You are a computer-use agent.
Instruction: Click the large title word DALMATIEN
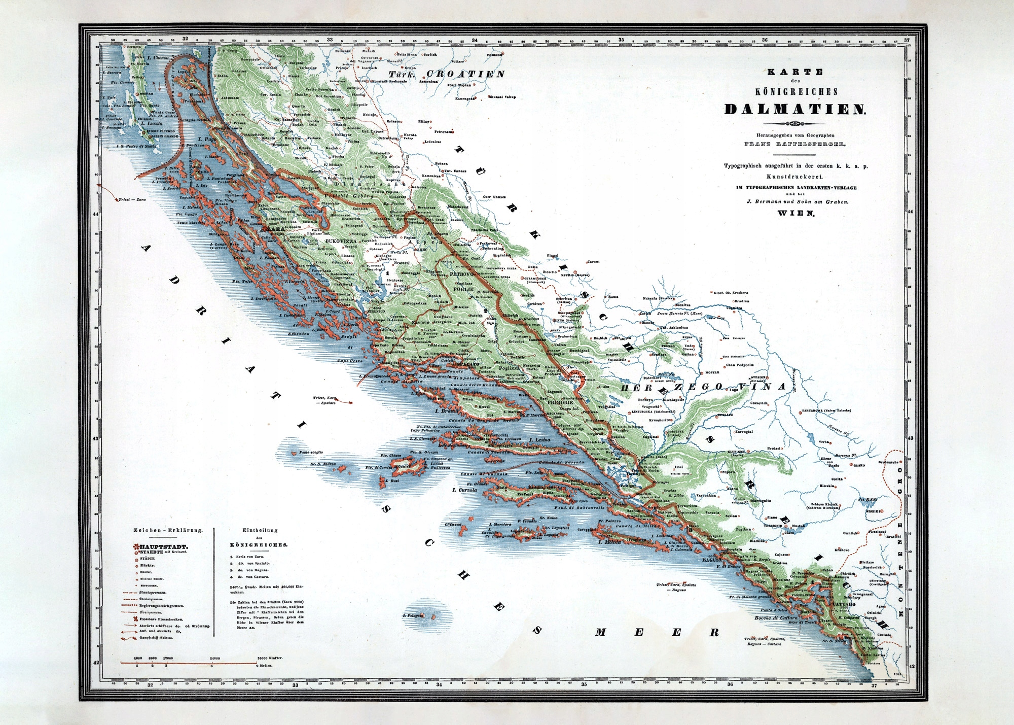[x=795, y=109]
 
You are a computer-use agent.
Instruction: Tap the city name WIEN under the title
[x=795, y=214]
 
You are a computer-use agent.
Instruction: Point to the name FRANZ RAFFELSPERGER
[x=794, y=144]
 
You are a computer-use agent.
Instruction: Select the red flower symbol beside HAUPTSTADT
[x=136, y=547]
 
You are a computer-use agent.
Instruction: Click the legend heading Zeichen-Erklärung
[x=168, y=530]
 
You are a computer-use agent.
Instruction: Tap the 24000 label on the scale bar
[x=214, y=658]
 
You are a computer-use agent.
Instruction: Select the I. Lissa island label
[x=436, y=463]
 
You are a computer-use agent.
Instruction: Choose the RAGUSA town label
[x=712, y=560]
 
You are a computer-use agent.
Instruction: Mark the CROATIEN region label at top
[x=465, y=74]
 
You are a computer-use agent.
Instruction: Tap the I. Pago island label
[x=207, y=139]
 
